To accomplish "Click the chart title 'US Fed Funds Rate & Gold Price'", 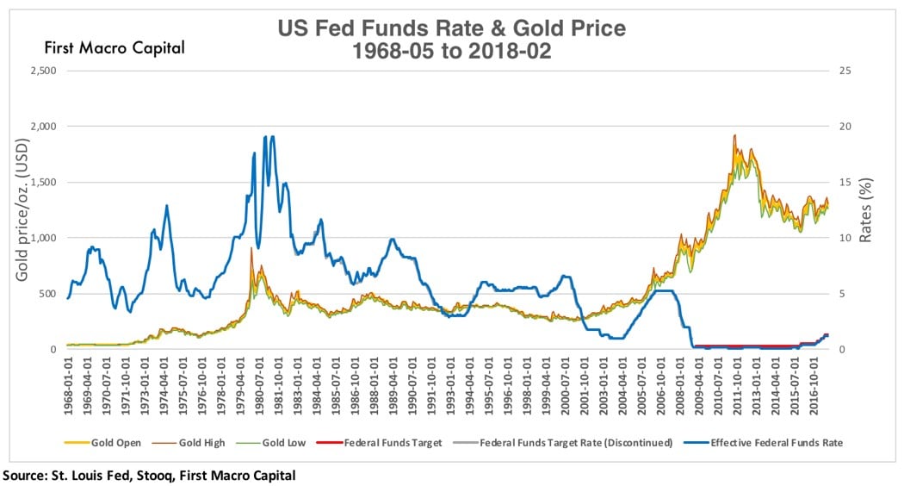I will (451, 28).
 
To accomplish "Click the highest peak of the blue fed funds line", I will (272, 136).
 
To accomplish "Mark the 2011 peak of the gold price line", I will (734, 135).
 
